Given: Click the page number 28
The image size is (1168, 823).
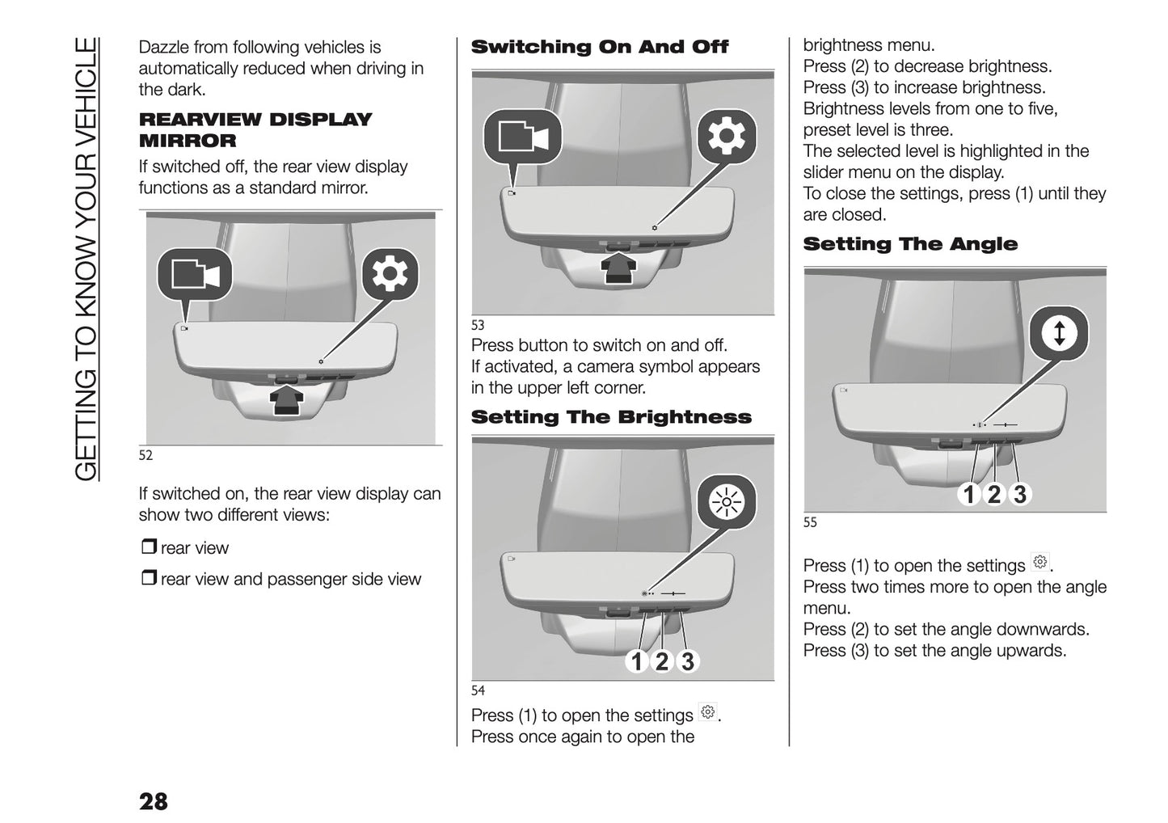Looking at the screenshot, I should coord(154,800).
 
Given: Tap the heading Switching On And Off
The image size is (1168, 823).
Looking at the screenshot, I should coord(599,47).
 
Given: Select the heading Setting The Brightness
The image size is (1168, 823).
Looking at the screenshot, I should coord(611,417).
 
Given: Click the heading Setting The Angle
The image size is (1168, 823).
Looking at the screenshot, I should coord(910,244).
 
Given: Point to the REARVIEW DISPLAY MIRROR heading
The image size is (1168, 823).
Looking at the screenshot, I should coord(255,129).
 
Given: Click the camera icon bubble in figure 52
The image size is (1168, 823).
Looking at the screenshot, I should coord(195,275).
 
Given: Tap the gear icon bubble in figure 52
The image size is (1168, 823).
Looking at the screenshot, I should coord(390,276).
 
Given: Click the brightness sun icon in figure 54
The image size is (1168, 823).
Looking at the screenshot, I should coord(726,504).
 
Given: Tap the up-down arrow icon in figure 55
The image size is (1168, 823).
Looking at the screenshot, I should coord(1059,333).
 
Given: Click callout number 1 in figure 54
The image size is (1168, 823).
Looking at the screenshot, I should coord(637,661).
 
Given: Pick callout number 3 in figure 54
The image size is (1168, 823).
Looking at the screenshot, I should coord(687,661).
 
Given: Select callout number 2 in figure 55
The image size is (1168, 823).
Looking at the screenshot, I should coord(994,494).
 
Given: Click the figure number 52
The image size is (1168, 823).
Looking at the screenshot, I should coord(145,456).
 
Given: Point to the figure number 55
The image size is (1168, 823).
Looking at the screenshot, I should coord(810,523).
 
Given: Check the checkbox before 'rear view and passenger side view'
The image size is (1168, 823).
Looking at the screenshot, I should coord(148,579).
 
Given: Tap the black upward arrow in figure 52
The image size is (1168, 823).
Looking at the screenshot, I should coord(288,400).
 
